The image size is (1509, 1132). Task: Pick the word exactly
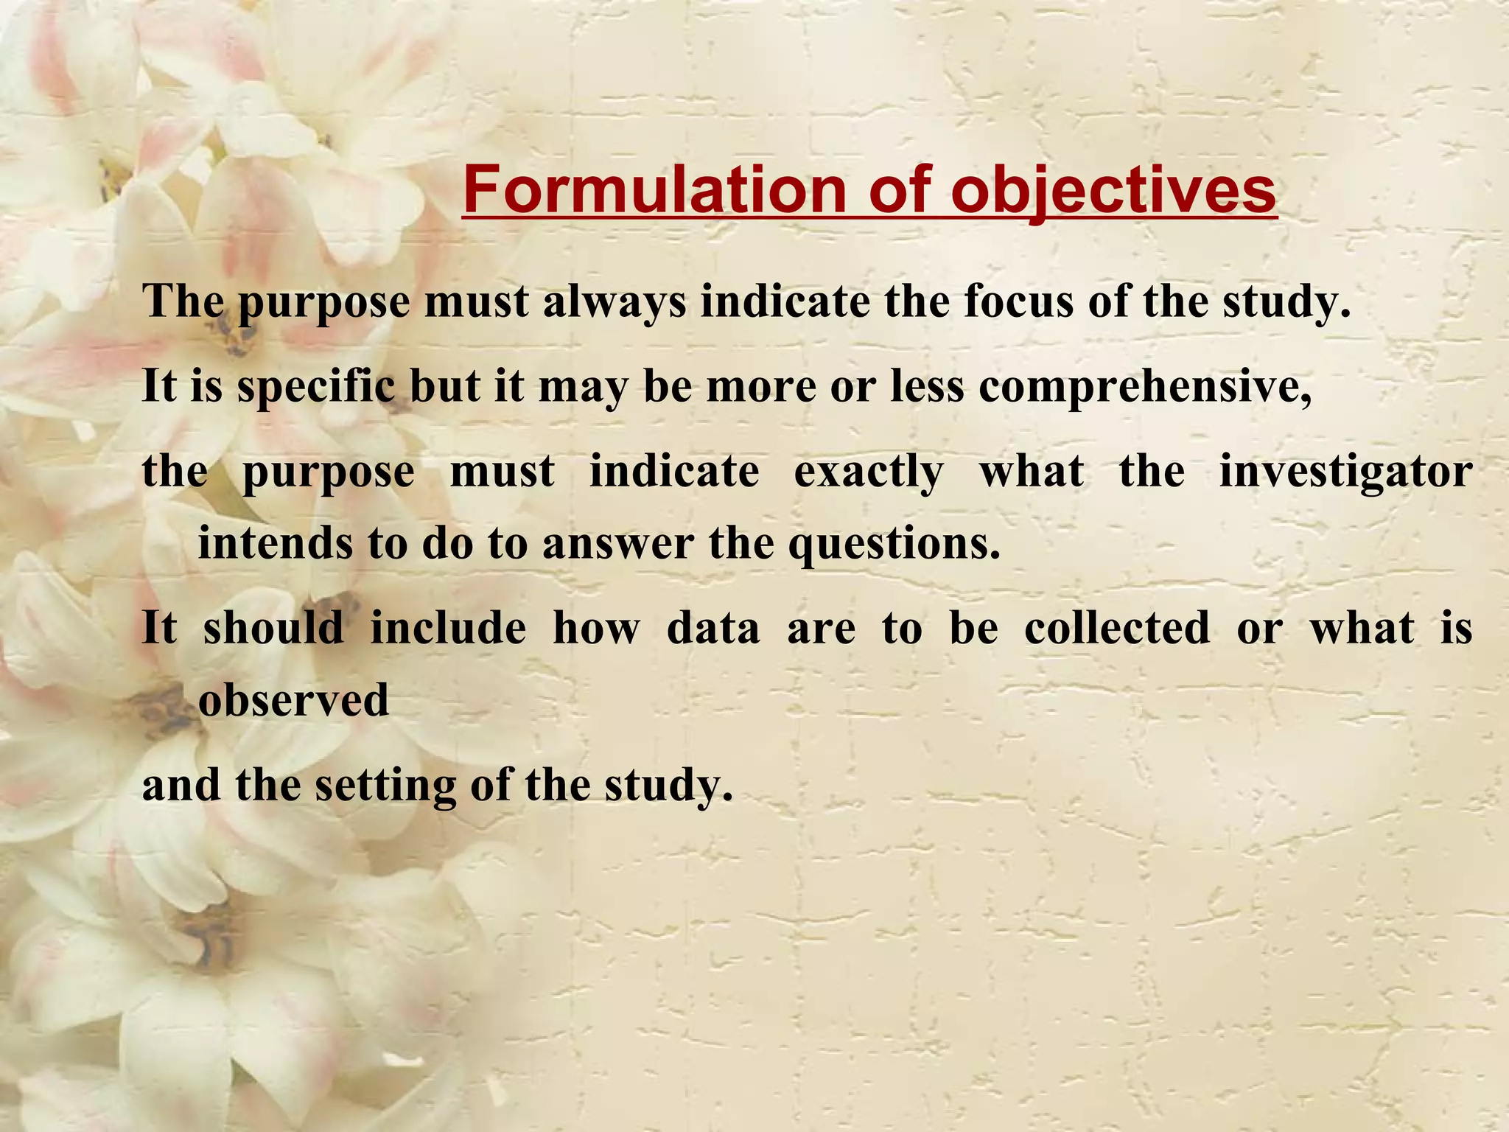tap(868, 471)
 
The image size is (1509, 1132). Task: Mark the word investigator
tap(1345, 471)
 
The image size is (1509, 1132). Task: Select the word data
tap(713, 628)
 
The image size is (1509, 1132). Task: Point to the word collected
tap(1116, 628)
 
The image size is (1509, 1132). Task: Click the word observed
tap(293, 699)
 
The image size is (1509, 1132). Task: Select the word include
tap(448, 628)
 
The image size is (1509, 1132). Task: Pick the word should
tap(273, 628)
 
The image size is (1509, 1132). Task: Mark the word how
tap(596, 628)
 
